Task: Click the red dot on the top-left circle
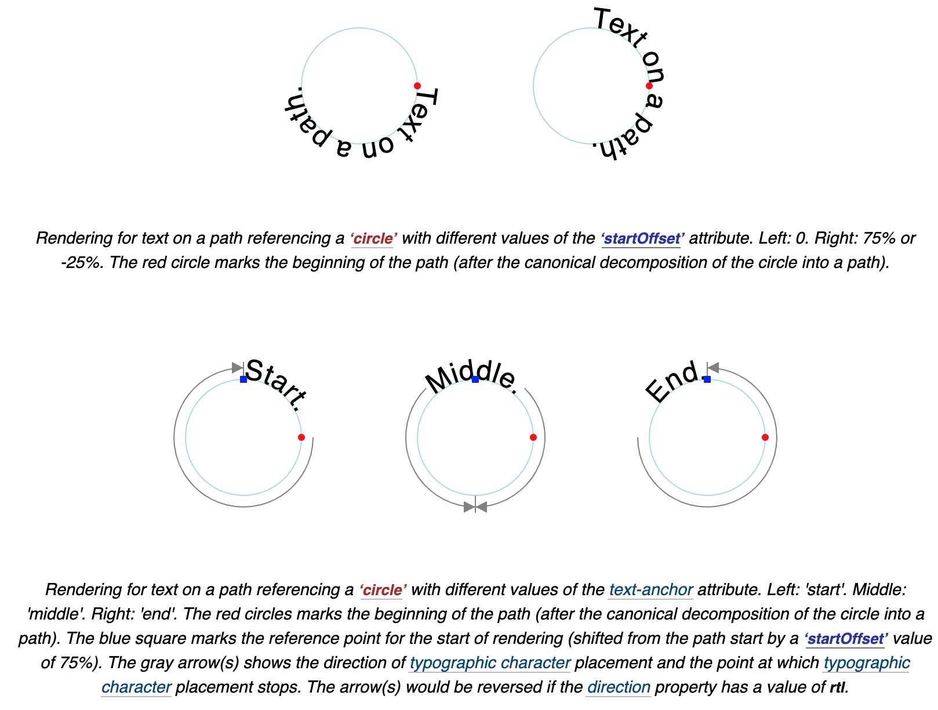coord(417,86)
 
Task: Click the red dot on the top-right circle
coord(649,86)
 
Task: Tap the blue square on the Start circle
coord(243,379)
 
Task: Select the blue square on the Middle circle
coord(475,379)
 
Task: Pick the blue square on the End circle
coord(707,379)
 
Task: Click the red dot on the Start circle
coord(301,437)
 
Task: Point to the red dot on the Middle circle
coord(533,437)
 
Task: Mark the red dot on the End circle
coord(765,437)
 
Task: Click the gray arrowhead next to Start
coord(237,368)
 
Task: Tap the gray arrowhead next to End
coord(714,368)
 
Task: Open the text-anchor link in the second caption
coord(650,590)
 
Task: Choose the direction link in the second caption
coord(618,687)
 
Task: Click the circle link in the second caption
coord(383,590)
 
